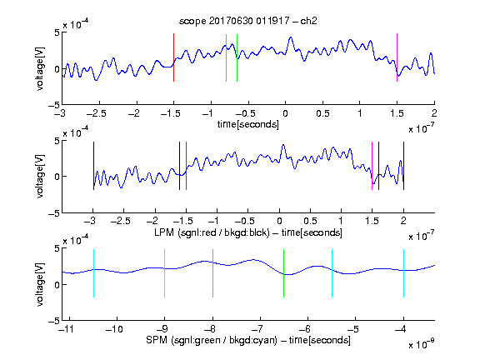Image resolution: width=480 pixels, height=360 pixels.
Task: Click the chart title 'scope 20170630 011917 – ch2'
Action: (x=247, y=21)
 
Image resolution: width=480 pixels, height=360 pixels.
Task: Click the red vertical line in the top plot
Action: (x=173, y=57)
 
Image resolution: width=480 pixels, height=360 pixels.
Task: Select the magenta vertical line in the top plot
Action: (x=397, y=57)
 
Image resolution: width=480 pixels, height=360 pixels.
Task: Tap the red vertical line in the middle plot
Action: (x=186, y=166)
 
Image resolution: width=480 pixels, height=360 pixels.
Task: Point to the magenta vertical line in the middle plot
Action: (x=372, y=166)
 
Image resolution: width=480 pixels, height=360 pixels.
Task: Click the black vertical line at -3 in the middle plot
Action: (x=93, y=166)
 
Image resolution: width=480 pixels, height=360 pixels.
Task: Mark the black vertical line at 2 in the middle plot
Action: (x=403, y=166)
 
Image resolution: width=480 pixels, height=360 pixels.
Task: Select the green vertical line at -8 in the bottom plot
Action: (x=212, y=273)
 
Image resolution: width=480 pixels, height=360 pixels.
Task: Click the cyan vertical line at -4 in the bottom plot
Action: (x=403, y=273)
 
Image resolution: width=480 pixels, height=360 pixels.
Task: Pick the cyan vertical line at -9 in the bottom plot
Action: (x=164, y=273)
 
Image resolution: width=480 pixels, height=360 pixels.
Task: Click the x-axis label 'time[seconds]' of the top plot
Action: (x=248, y=124)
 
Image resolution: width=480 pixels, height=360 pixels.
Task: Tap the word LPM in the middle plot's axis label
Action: (x=164, y=232)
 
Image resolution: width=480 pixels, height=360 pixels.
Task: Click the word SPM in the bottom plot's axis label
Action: (x=157, y=340)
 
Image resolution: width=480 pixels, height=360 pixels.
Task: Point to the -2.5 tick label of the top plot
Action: (x=96, y=113)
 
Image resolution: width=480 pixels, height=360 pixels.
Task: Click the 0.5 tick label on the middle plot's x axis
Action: (x=310, y=221)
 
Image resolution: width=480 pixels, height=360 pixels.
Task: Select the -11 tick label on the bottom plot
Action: (x=67, y=329)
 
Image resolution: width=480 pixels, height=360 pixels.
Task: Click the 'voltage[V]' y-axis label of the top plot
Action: (x=40, y=69)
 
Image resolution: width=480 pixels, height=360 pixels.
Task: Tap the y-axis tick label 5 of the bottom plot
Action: (x=57, y=248)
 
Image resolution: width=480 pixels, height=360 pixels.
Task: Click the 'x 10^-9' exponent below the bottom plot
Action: (x=421, y=344)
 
